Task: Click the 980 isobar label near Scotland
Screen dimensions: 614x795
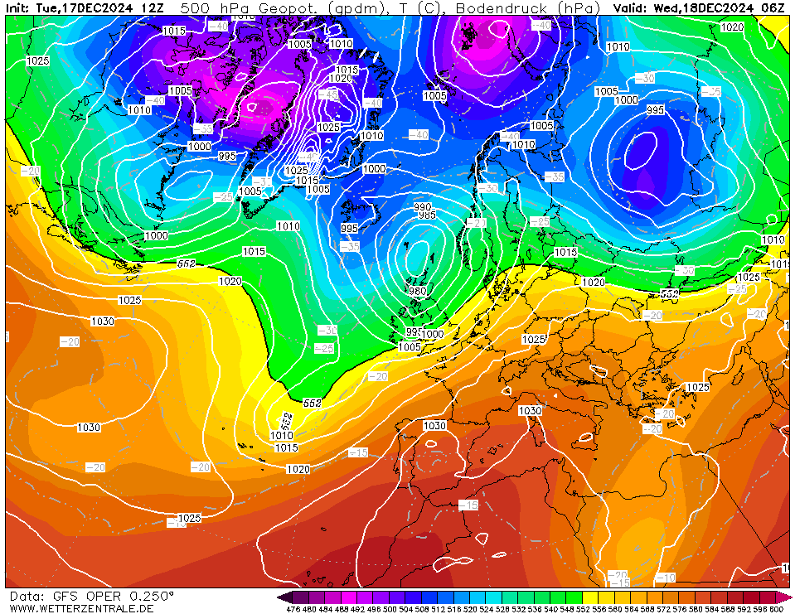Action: click(416, 291)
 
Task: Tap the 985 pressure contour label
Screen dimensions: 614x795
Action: click(427, 215)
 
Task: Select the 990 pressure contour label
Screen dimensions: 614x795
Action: click(423, 207)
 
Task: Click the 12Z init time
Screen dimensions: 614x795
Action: click(152, 7)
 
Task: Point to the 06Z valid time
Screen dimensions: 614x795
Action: click(773, 7)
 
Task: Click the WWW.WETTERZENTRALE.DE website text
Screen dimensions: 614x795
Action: click(81, 608)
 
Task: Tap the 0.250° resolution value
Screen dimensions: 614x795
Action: click(149, 596)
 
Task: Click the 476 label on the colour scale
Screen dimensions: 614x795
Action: click(293, 609)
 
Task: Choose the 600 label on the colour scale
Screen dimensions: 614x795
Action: click(776, 609)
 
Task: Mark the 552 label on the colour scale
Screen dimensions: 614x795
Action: click(582, 609)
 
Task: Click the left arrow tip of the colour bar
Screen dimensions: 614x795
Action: click(281, 597)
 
